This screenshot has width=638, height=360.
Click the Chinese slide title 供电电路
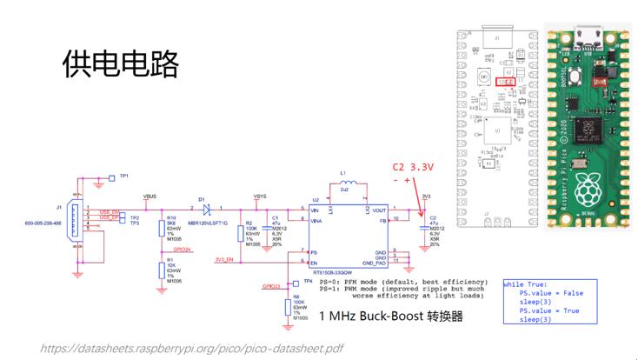coord(119,63)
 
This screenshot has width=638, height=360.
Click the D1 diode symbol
coord(208,209)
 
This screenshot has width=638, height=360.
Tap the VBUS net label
coord(150,197)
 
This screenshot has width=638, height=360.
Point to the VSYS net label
coord(259,197)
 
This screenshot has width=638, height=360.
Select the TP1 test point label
coord(124,176)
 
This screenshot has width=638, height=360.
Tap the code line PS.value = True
coord(551,309)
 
